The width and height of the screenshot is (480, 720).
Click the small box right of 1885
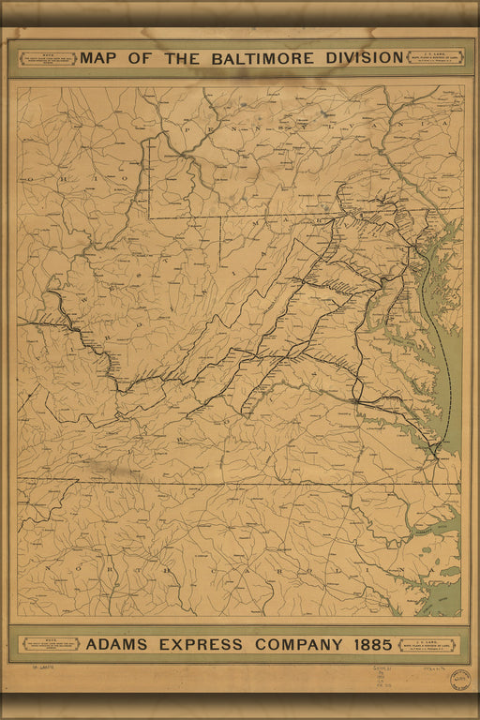(x=427, y=645)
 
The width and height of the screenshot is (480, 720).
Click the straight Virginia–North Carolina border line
(x=234, y=483)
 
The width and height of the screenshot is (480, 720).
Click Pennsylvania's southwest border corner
(x=149, y=217)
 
